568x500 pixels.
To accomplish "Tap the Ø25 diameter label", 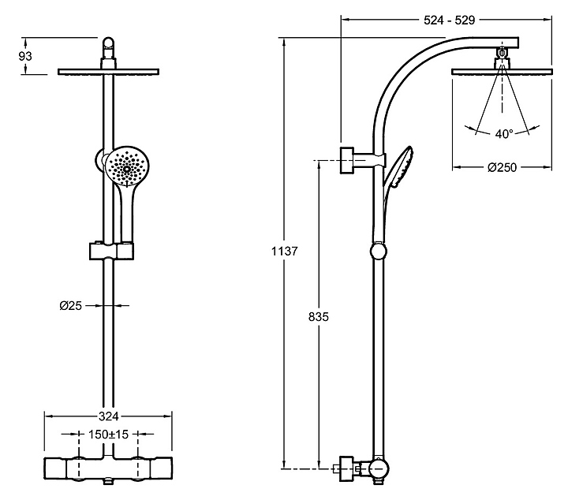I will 73,304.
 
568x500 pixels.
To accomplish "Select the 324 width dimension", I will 108,416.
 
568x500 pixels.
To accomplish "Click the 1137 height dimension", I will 285,252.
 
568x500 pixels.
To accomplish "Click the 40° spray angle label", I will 504,133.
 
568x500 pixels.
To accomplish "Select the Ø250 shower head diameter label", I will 502,167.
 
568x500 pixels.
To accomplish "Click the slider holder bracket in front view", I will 110,252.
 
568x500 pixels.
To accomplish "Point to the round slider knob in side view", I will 379,252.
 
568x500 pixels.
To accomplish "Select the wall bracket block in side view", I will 347,159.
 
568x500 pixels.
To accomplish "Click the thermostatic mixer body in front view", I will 109,468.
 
